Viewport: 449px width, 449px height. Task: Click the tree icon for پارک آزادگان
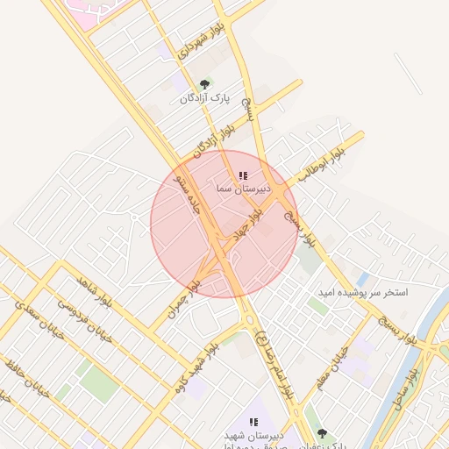click(204, 85)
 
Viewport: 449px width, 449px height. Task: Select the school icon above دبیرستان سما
click(243, 176)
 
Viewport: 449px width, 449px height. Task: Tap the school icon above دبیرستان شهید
click(253, 422)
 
